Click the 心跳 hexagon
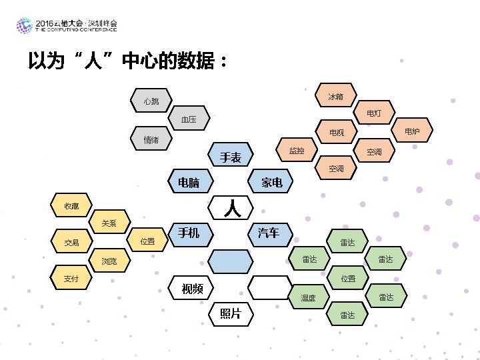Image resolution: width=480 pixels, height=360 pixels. coord(151,101)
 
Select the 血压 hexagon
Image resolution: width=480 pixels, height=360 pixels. coord(189,120)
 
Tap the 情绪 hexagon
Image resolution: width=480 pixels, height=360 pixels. coord(151,139)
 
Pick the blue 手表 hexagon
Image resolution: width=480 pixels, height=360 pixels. coord(231,156)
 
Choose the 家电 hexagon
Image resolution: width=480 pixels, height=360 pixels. coord(271,181)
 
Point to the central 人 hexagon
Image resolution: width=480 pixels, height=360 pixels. coord(231,207)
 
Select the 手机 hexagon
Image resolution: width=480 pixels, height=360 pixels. coord(190,233)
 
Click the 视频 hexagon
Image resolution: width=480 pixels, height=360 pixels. coord(191,288)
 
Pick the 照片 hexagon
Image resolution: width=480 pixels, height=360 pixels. coord(231,313)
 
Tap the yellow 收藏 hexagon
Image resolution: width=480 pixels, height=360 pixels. coord(71,205)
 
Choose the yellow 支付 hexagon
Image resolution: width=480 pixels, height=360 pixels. coord(71,278)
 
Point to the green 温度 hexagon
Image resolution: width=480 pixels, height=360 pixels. coord(308,297)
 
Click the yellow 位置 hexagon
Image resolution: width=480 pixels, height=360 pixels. coord(148,241)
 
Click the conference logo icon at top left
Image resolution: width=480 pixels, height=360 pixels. coord(24,26)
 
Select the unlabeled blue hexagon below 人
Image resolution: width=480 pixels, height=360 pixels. coord(231,260)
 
